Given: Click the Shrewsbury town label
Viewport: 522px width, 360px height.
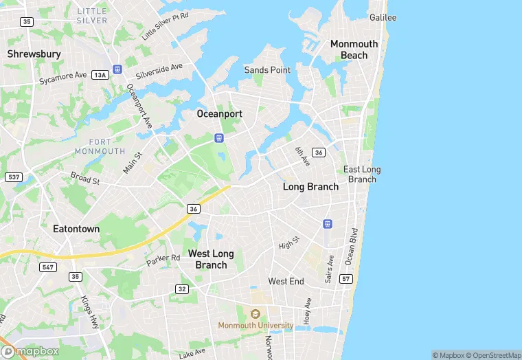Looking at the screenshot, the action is click(x=34, y=54).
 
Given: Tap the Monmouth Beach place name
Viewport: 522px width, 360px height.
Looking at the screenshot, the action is click(x=354, y=49).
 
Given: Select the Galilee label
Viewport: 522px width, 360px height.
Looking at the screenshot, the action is click(x=383, y=17).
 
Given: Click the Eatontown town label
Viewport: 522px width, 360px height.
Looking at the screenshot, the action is click(x=76, y=229).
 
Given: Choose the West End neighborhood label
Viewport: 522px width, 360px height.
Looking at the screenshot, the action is click(x=286, y=281).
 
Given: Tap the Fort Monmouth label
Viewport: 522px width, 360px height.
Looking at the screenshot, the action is click(x=100, y=146).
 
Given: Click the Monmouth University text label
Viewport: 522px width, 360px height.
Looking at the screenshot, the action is click(x=256, y=325).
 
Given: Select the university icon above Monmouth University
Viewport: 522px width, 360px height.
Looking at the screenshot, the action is click(x=256, y=313).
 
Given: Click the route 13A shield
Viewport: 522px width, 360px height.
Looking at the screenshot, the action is click(x=101, y=75).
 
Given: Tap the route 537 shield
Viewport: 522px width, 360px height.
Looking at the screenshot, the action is click(x=13, y=177).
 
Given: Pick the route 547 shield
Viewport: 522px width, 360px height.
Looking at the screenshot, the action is click(x=47, y=267).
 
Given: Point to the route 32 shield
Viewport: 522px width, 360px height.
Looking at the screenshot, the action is click(x=181, y=289).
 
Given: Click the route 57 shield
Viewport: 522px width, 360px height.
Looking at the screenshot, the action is click(x=346, y=279).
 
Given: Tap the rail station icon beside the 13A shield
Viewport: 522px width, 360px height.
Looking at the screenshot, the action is click(x=117, y=69).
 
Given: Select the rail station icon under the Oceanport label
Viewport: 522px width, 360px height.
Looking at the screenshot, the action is click(x=219, y=137).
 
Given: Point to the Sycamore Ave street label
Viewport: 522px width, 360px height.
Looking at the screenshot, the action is click(x=63, y=79).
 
